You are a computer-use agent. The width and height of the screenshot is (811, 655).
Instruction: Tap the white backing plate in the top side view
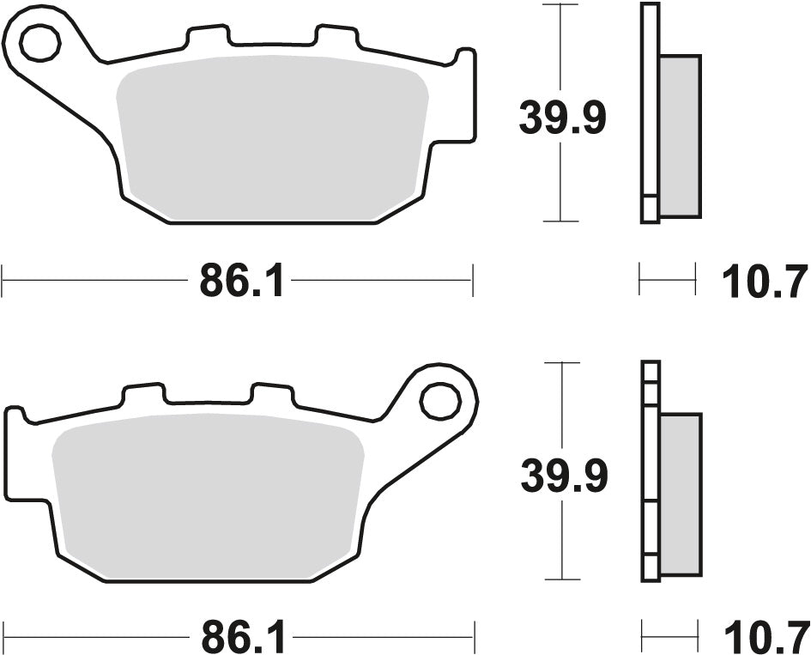[650, 112]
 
